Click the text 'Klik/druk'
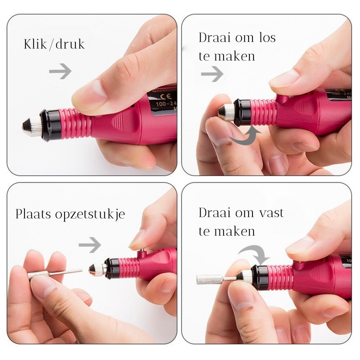point(54,44)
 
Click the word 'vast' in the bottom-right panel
point(269,213)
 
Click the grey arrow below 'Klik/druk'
point(60,71)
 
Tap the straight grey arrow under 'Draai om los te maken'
point(212,74)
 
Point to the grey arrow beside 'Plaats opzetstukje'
point(89,245)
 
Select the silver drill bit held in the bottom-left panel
point(55,273)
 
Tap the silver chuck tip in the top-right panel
point(225,111)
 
